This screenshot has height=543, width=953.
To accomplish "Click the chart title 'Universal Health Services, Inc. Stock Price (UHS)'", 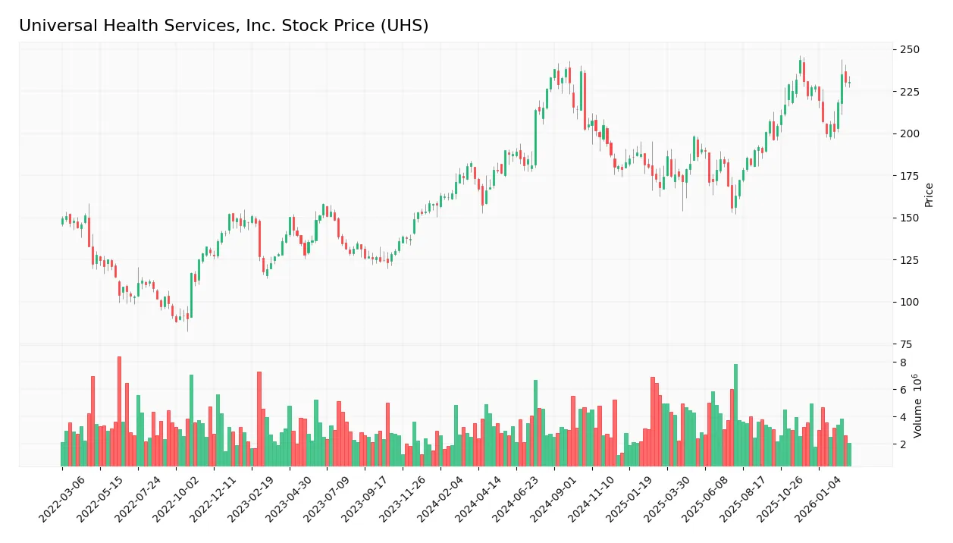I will [x=224, y=26].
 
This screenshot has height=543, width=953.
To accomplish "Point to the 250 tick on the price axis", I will [x=909, y=49].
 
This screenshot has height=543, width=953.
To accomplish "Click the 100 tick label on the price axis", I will [x=909, y=302].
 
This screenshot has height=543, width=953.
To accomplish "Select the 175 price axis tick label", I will [x=909, y=176].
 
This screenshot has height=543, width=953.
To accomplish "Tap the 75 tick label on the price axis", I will [x=906, y=344].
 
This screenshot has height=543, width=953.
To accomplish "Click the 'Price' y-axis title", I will [x=929, y=195].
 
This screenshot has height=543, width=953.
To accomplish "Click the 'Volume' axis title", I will [x=918, y=406].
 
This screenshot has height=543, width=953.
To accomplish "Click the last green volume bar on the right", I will [x=849, y=454].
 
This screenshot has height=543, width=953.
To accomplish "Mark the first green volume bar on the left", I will [x=63, y=454].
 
